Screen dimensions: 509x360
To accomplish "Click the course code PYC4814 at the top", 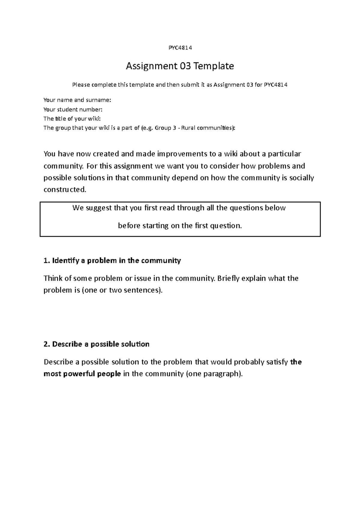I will (180, 48).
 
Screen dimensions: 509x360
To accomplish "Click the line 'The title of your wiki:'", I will (70, 118).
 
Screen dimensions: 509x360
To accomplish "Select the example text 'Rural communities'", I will (207, 128).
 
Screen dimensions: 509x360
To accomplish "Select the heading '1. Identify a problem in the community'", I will (112, 260).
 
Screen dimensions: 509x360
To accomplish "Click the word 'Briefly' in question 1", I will (228, 278).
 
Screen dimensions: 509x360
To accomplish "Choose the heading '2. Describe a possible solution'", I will (96, 344).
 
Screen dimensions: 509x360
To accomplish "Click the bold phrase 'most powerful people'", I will (82, 374).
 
